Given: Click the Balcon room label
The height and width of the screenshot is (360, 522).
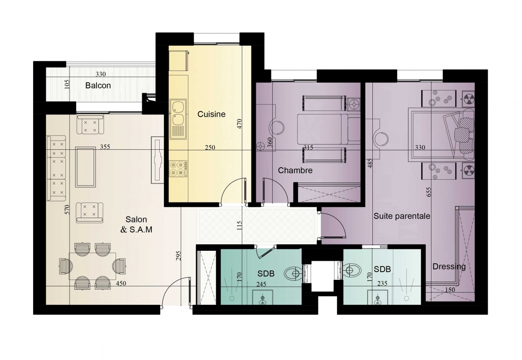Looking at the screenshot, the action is (x=98, y=86).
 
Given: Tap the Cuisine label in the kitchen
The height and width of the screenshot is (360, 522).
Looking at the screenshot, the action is (x=211, y=114).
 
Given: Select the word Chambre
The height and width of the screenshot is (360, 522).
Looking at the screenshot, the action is (x=295, y=171).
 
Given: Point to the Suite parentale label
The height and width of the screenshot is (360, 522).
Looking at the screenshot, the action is (x=402, y=216).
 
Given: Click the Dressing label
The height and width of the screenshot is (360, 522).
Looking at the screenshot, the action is (x=449, y=266).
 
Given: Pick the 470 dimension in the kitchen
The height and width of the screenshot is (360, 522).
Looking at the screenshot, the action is (x=240, y=124).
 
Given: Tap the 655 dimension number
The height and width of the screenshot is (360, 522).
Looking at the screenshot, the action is (x=429, y=192).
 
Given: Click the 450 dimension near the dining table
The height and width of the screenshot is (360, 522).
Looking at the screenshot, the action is (x=121, y=283).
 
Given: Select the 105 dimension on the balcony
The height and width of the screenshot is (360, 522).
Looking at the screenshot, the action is (x=67, y=84).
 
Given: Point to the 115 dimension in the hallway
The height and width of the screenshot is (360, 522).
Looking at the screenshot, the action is (x=239, y=225).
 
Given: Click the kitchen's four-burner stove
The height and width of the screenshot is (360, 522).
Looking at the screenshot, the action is (x=178, y=168).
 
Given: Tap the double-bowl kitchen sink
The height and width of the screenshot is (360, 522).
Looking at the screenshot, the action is (x=178, y=119).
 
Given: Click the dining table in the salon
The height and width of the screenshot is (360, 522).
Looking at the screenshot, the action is (x=93, y=266).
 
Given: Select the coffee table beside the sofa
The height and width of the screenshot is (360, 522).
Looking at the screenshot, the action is (x=86, y=167).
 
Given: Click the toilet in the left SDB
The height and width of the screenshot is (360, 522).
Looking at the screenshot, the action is (x=294, y=273).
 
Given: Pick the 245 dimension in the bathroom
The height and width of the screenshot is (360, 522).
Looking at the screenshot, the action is (x=261, y=284).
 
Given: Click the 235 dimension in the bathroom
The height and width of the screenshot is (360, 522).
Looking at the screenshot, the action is (x=382, y=283).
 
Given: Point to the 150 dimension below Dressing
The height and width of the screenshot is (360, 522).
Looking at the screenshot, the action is (x=450, y=290).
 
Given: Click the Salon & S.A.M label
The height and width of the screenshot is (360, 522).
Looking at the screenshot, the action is (x=136, y=225).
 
